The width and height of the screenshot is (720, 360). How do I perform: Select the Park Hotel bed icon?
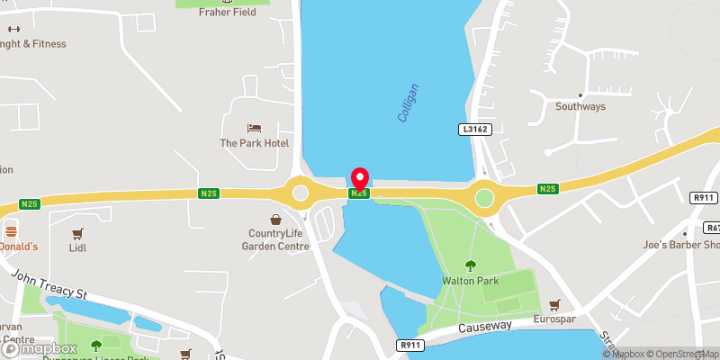254,129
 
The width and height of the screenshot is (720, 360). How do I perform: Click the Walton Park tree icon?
471,265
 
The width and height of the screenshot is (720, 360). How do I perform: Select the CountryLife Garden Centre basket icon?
276,219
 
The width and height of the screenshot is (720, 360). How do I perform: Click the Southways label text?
580,106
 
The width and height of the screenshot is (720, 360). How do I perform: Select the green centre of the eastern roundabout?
485,197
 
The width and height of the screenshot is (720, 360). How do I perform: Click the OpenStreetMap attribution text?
676,354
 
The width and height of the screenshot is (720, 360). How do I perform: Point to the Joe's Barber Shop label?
689,245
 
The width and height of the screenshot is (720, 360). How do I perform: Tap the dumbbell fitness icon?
13,29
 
